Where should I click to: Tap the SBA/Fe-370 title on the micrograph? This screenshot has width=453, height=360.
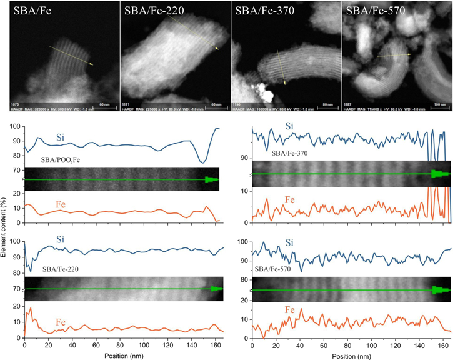[x=264, y=10]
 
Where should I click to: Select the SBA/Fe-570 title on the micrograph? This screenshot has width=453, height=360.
[x=375, y=10]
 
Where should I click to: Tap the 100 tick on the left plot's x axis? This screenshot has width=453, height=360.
[x=144, y=344]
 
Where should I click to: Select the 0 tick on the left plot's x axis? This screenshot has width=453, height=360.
[x=24, y=344]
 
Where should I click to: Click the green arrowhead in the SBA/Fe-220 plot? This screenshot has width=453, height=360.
[x=216, y=289]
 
